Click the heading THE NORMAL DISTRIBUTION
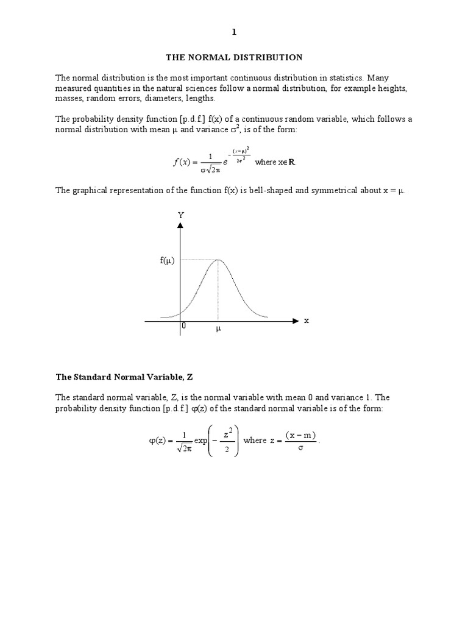(234, 58)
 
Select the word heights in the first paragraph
(392, 88)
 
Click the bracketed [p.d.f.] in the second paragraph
(174, 119)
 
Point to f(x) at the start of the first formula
(180, 162)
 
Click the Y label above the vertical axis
(180, 214)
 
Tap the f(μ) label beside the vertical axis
(168, 261)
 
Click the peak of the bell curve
(218, 260)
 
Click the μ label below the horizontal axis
(218, 330)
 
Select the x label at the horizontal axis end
(307, 321)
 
